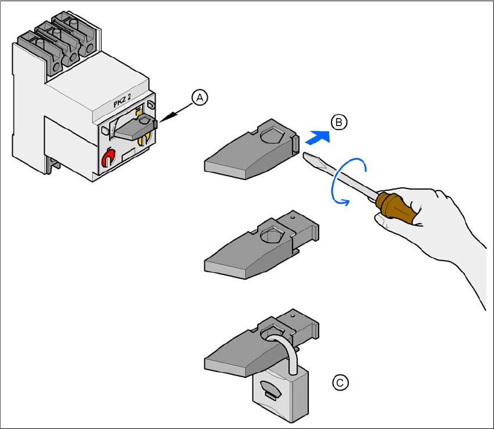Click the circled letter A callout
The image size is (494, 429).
tap(199, 98)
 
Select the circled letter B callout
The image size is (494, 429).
tap(339, 123)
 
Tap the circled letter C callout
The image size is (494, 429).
tap(341, 382)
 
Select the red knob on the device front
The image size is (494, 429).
tap(109, 158)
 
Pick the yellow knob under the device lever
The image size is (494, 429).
tap(148, 138)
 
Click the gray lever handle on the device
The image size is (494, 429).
tap(136, 127)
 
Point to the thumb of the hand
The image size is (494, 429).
tap(384, 220)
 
